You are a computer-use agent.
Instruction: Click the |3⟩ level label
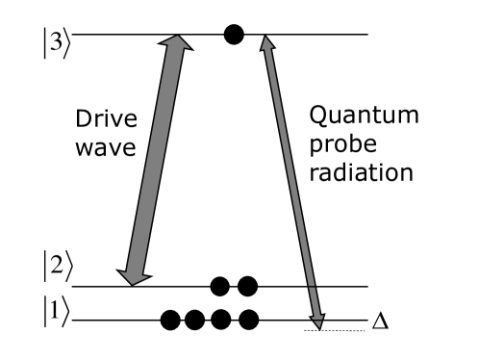pos(55,44)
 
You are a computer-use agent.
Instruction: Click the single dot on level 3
pos(233,36)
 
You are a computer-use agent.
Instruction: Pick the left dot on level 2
pos(221,286)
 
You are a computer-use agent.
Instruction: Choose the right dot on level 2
pos(247,286)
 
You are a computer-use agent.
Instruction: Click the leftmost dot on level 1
pos(172,319)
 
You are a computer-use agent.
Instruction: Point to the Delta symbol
pos(380,319)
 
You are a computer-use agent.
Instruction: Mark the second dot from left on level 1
pos(198,319)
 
